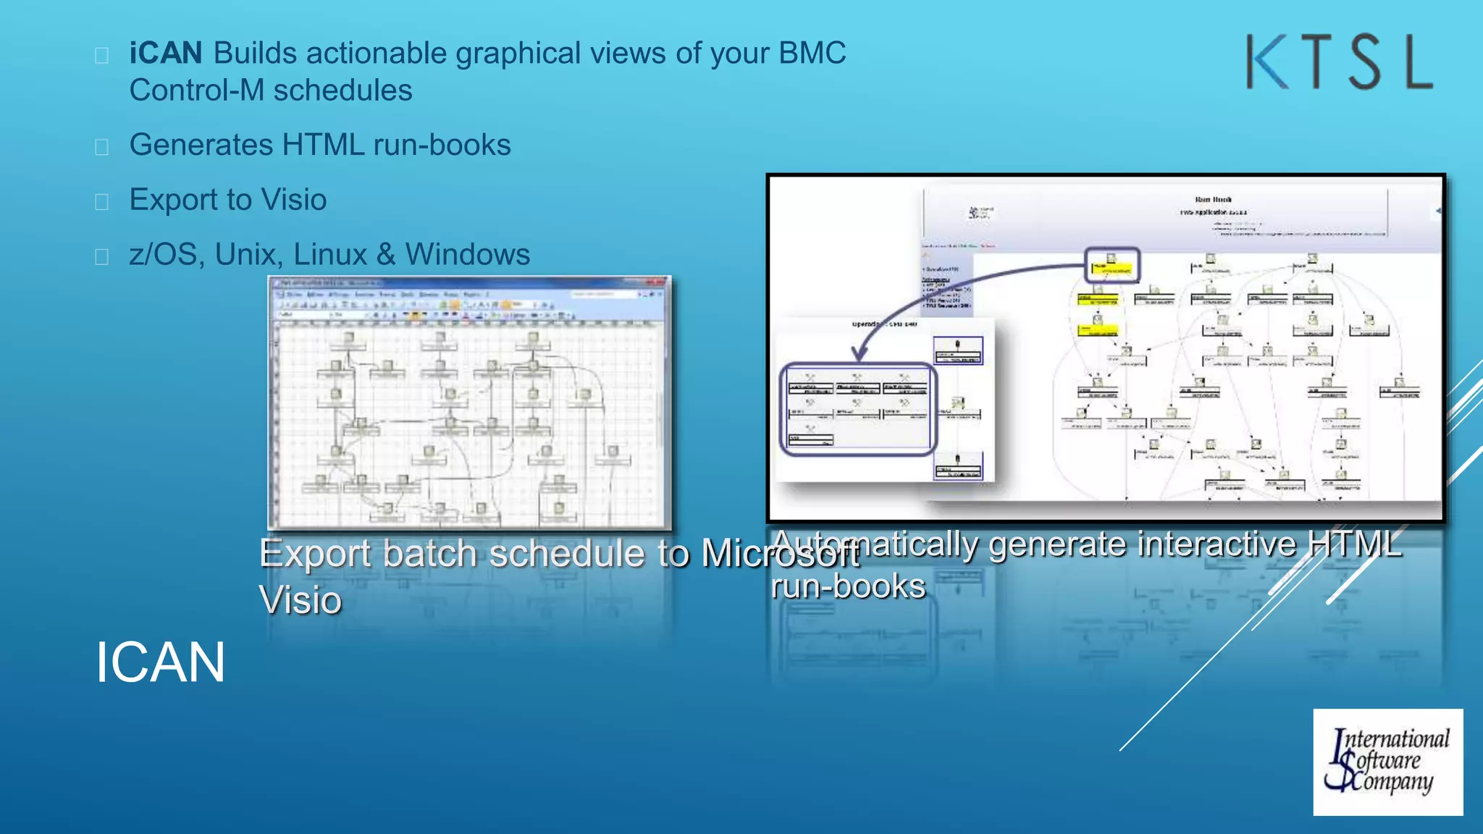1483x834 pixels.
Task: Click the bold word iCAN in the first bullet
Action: pyautogui.click(x=166, y=54)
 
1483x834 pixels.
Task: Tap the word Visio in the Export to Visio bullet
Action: pyautogui.click(x=293, y=200)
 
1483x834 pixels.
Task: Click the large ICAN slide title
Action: pyautogui.click(x=160, y=662)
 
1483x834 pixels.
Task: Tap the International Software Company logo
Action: pyautogui.click(x=1387, y=762)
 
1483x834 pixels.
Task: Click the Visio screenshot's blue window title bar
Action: pyautogui.click(x=469, y=282)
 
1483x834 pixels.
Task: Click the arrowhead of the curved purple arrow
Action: pyautogui.click(x=860, y=354)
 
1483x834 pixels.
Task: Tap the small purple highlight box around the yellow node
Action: pyautogui.click(x=1112, y=265)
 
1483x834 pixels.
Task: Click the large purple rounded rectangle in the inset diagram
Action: pyautogui.click(x=858, y=409)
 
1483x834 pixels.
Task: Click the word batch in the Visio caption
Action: pyautogui.click(x=429, y=555)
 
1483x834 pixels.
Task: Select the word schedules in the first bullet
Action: pyautogui.click(x=343, y=91)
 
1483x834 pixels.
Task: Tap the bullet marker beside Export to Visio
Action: pyautogui.click(x=102, y=201)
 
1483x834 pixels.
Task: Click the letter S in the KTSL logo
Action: pyautogui.click(x=1365, y=62)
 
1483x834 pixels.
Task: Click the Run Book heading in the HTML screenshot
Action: pyautogui.click(x=1213, y=199)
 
